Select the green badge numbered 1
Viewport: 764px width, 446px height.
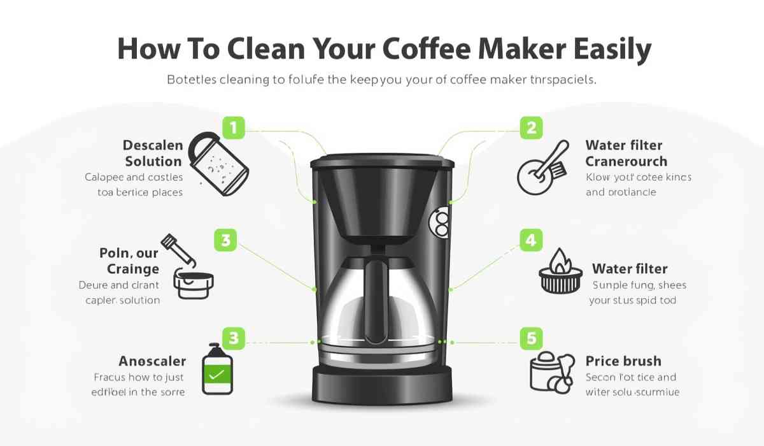pyautogui.click(x=234, y=127)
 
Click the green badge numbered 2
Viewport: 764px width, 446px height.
pyautogui.click(x=532, y=127)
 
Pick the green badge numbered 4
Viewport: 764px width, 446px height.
pyautogui.click(x=531, y=240)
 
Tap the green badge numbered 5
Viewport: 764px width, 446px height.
pyautogui.click(x=531, y=338)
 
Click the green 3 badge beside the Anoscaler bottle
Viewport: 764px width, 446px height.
pyautogui.click(x=233, y=338)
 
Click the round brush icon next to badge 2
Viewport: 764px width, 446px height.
pyautogui.click(x=541, y=169)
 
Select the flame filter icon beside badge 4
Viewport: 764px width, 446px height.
pyautogui.click(x=560, y=272)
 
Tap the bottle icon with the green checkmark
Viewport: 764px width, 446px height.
pyautogui.click(x=217, y=369)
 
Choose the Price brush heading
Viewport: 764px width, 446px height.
pyautogui.click(x=623, y=361)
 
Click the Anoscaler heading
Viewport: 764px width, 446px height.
pyautogui.click(x=152, y=361)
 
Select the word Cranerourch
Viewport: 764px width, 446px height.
pyautogui.click(x=626, y=161)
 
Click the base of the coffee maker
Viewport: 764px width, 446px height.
pyautogui.click(x=382, y=385)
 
